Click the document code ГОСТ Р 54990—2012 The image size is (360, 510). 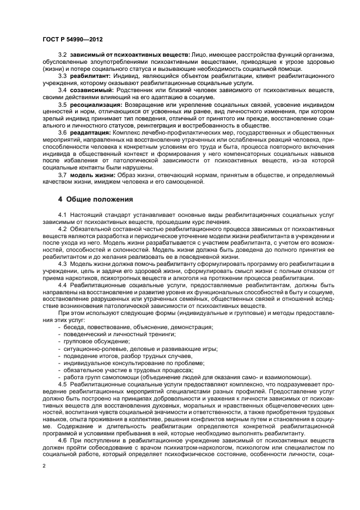tap(72, 39)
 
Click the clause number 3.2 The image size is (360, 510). tap(62, 56)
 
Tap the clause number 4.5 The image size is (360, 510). tap(62, 384)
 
